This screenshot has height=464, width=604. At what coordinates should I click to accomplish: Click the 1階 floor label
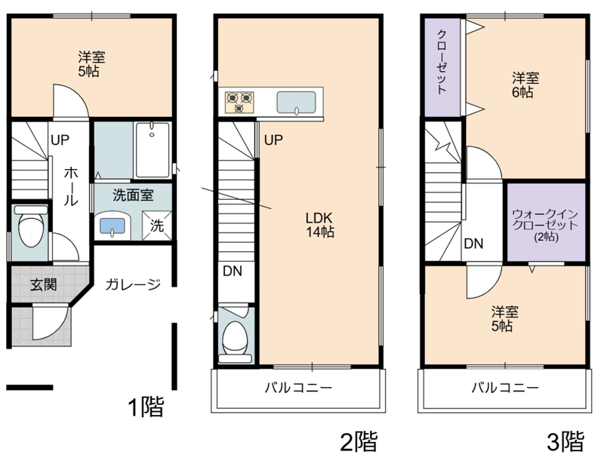click(x=146, y=406)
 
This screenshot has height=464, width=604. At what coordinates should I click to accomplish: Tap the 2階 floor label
click(x=359, y=441)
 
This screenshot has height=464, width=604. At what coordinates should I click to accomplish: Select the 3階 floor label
click(x=565, y=441)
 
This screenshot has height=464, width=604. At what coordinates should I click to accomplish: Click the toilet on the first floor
click(x=30, y=227)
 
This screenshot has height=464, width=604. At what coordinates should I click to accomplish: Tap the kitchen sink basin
click(x=296, y=103)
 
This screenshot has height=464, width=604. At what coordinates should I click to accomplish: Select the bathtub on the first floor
click(x=153, y=150)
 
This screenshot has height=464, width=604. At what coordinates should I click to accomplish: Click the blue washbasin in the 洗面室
click(x=112, y=226)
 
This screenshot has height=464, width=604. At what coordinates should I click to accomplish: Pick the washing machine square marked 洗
click(x=156, y=226)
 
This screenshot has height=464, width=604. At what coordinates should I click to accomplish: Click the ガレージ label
click(x=133, y=284)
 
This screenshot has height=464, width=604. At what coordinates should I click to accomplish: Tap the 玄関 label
click(x=44, y=284)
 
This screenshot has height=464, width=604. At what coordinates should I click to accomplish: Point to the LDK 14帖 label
click(x=319, y=225)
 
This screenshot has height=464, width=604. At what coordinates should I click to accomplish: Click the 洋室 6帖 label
click(x=525, y=85)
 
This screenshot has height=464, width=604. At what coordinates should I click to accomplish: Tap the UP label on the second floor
click(x=273, y=140)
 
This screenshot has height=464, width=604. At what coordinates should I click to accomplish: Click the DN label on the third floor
click(x=473, y=244)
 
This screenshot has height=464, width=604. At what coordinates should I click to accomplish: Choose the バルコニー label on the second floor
click(x=298, y=387)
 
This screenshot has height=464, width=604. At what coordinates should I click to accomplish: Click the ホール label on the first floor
click(x=71, y=187)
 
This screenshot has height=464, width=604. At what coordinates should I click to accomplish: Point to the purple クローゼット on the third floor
click(x=442, y=68)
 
